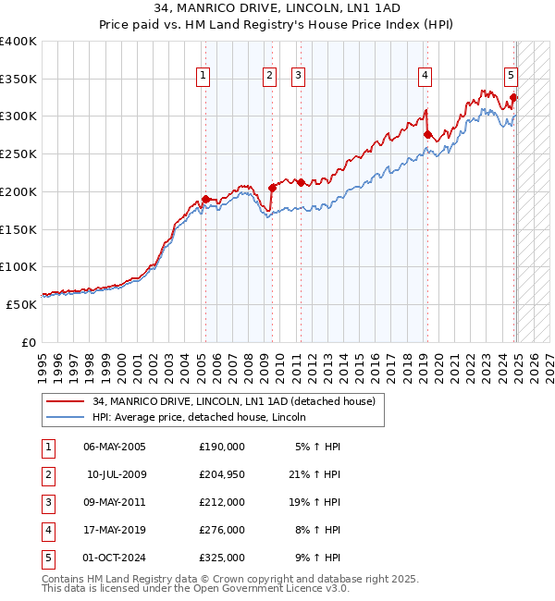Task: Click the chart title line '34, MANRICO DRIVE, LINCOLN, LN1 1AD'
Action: click(x=277, y=8)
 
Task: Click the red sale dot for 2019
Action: click(x=427, y=134)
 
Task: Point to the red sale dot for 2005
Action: click(x=205, y=199)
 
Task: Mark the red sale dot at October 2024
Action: click(x=513, y=97)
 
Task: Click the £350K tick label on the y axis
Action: click(x=18, y=79)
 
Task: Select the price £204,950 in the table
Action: click(x=221, y=474)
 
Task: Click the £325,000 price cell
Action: click(x=221, y=558)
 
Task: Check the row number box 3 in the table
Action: click(x=47, y=502)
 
